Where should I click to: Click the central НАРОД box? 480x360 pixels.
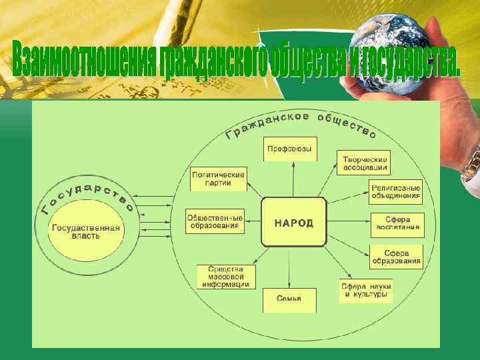click(293, 222)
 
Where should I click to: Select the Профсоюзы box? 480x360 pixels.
click(289, 149)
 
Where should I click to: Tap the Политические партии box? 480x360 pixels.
click(218, 179)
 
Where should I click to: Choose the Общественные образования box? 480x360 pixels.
click(215, 221)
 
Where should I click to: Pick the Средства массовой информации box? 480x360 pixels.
click(226, 276)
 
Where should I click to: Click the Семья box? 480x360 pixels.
click(289, 299)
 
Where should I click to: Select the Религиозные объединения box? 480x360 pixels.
click(396, 191)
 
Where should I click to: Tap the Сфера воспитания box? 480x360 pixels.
click(397, 223)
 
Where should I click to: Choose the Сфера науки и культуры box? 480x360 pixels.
click(365, 290)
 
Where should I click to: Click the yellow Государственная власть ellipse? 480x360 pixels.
click(86, 232)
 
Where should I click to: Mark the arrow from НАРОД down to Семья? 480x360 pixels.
click(289, 267)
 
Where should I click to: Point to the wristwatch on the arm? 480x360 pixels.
click(471, 163)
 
